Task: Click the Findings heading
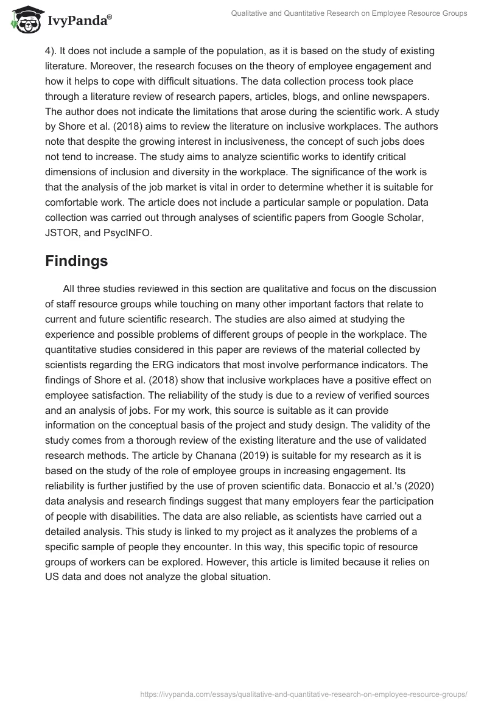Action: [77, 261]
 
